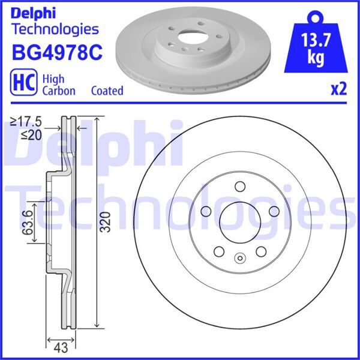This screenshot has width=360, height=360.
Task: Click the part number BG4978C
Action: click(x=57, y=53)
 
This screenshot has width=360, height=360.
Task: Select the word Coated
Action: click(x=107, y=91)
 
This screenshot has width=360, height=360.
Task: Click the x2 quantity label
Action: click(x=339, y=90)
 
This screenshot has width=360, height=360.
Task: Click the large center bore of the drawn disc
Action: click(x=239, y=220)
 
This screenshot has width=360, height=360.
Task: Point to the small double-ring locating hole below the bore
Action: click(x=239, y=259)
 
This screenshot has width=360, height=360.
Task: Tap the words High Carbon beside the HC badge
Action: click(x=58, y=85)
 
